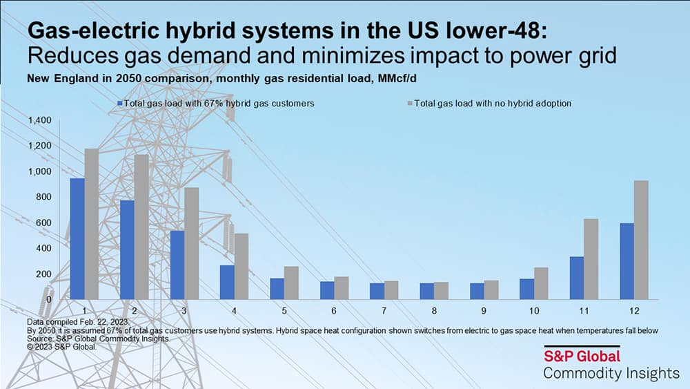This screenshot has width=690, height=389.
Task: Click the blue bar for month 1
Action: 77,238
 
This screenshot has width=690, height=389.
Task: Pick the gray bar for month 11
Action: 591,259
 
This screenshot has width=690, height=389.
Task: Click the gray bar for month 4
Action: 241,266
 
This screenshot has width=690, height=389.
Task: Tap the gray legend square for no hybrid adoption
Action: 409,103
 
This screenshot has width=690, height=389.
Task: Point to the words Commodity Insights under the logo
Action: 611,373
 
